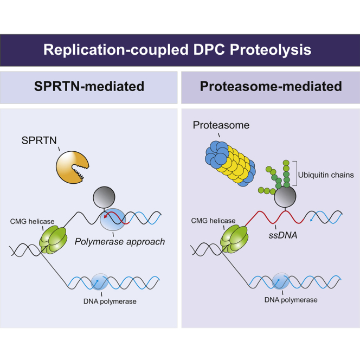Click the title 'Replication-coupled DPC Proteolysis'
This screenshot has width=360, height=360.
180,50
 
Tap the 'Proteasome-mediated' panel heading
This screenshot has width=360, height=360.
269,87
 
